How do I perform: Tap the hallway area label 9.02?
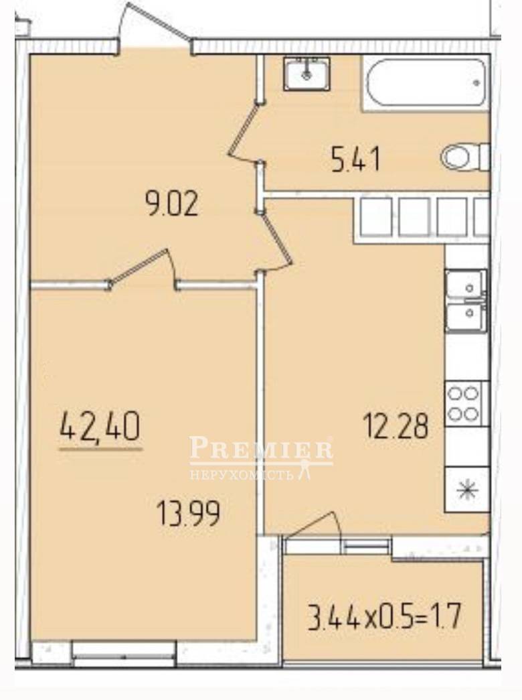[x=172, y=206]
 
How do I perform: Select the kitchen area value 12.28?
[x=396, y=426]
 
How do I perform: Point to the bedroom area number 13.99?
[x=188, y=513]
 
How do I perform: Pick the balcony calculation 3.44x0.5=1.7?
[x=384, y=616]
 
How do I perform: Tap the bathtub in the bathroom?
[x=426, y=82]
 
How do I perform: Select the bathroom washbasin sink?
[x=307, y=74]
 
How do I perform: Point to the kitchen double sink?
[x=466, y=301]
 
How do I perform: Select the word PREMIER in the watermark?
[x=262, y=448]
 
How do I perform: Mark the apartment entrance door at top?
[x=156, y=27]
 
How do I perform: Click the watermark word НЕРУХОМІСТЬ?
[x=242, y=474]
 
